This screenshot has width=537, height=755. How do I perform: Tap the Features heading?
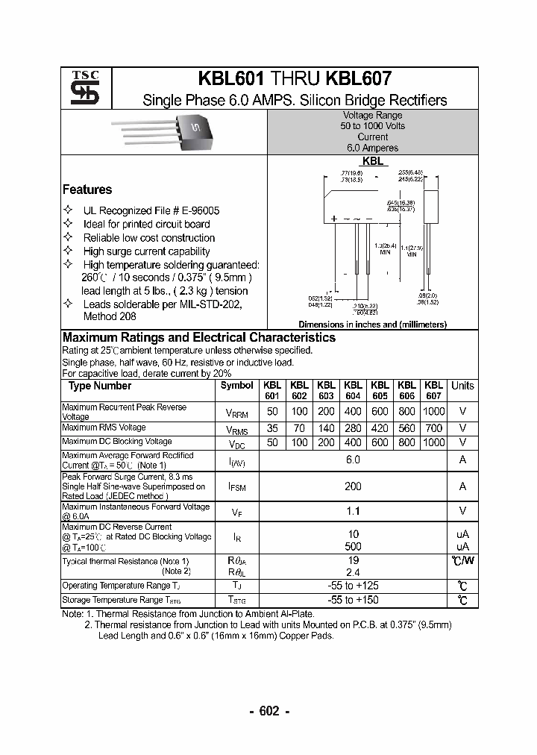point(87,189)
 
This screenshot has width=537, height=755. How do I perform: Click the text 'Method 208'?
point(110,317)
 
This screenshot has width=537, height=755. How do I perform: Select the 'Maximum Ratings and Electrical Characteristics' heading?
point(199,337)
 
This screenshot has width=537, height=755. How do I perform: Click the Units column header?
point(462,386)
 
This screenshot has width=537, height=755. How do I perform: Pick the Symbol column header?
point(237,386)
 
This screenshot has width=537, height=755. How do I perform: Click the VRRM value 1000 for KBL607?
point(433,412)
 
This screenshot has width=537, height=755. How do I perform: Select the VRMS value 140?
point(326,428)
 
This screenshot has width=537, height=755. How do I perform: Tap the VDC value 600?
point(380,442)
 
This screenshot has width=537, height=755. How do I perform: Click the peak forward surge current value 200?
point(353,486)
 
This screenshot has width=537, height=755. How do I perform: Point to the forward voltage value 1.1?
point(353,511)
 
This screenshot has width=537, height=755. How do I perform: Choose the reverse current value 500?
point(353,546)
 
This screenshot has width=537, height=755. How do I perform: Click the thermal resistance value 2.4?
point(353,571)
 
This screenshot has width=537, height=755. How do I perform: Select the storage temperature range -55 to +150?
point(353,600)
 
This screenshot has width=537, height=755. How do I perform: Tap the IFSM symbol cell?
point(237,486)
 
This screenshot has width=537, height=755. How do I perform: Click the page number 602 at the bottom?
point(268,711)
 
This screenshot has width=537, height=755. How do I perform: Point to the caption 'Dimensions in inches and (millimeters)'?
point(372,325)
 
